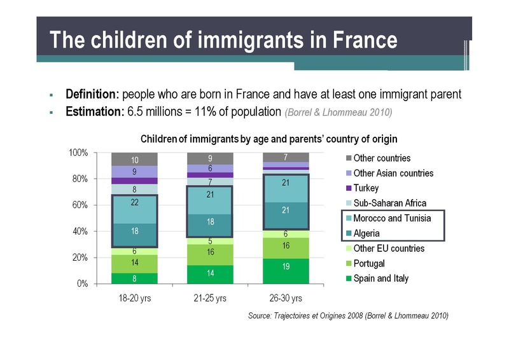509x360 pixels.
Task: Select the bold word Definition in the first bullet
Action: pos(92,95)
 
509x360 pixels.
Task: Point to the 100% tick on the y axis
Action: pos(79,153)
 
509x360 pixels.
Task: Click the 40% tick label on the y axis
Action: pos(81,232)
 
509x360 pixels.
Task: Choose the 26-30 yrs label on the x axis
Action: pos(286,298)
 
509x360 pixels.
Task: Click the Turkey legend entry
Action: pos(366,188)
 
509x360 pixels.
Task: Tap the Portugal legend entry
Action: pos(369,263)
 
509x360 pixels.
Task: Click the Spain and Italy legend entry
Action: pos(381,278)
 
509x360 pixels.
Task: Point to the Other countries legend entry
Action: pos(382,158)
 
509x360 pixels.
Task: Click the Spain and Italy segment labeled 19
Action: pos(286,267)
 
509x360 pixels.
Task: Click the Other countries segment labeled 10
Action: pos(134,159)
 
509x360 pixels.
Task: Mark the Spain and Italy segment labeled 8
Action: pos(134,278)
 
